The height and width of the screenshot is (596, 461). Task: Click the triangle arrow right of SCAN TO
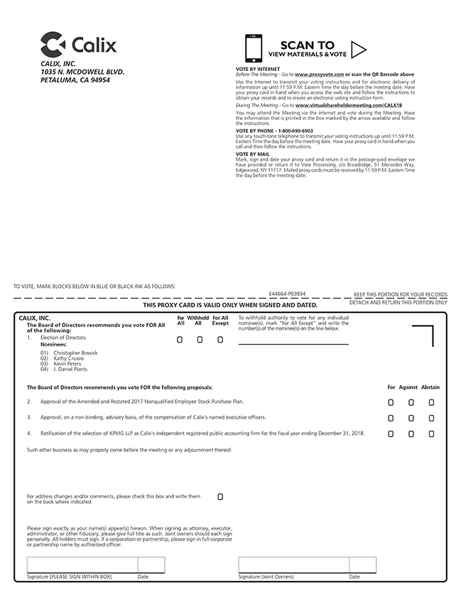pos(359,49)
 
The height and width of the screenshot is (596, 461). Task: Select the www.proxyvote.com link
pos(319,74)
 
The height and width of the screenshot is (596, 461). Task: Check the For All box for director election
pos(180,340)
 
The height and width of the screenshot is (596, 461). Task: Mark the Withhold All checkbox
pos(200,340)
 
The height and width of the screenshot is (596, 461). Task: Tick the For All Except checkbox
pos(220,340)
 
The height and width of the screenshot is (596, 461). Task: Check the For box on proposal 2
pos(391,402)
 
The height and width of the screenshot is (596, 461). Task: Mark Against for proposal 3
pos(411,418)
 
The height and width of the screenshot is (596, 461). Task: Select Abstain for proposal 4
pos(431,434)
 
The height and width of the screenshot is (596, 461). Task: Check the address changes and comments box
pos(220,497)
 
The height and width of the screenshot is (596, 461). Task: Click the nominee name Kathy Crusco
pos(69,358)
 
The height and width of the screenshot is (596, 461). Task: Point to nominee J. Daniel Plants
pos(70,370)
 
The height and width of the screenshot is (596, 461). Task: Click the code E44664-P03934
pos(287,292)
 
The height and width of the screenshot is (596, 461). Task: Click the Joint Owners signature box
pos(293,565)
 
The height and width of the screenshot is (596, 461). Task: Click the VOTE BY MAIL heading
pos(252,153)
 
